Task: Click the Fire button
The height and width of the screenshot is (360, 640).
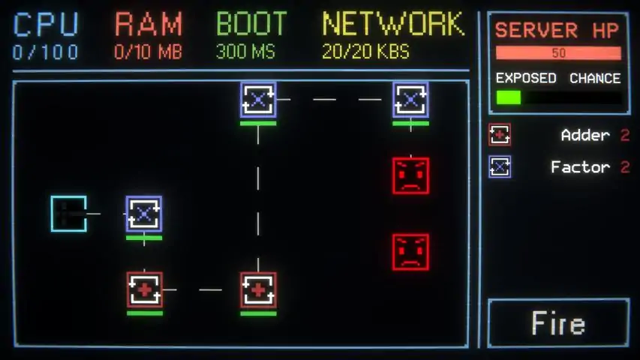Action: click(558, 322)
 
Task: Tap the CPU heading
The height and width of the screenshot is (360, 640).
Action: click(46, 25)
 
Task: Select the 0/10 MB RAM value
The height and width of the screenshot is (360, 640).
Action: click(148, 52)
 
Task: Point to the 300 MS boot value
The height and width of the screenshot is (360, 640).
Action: click(245, 52)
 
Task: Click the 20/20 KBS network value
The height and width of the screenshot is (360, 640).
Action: click(365, 52)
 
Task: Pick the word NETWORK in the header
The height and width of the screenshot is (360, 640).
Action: click(393, 24)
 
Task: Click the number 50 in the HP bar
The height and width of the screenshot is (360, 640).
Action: click(559, 53)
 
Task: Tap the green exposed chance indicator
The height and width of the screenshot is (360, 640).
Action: click(509, 97)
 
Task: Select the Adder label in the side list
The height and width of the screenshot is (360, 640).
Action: click(585, 135)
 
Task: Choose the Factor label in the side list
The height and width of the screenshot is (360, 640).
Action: click(581, 167)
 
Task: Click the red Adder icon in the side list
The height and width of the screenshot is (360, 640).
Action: click(500, 135)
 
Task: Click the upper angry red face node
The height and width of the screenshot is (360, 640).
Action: click(410, 175)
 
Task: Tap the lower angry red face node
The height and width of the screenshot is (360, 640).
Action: click(410, 252)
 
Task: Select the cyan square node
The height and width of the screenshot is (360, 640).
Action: click(68, 214)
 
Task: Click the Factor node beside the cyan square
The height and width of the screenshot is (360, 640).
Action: click(144, 214)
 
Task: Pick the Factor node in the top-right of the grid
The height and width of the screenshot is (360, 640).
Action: click(410, 100)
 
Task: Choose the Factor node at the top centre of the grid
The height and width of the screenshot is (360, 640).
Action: click(258, 100)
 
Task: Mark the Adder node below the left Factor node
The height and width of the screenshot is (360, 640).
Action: click(145, 289)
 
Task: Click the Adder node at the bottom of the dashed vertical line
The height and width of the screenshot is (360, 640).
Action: click(258, 289)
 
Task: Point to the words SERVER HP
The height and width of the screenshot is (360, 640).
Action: click(557, 30)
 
